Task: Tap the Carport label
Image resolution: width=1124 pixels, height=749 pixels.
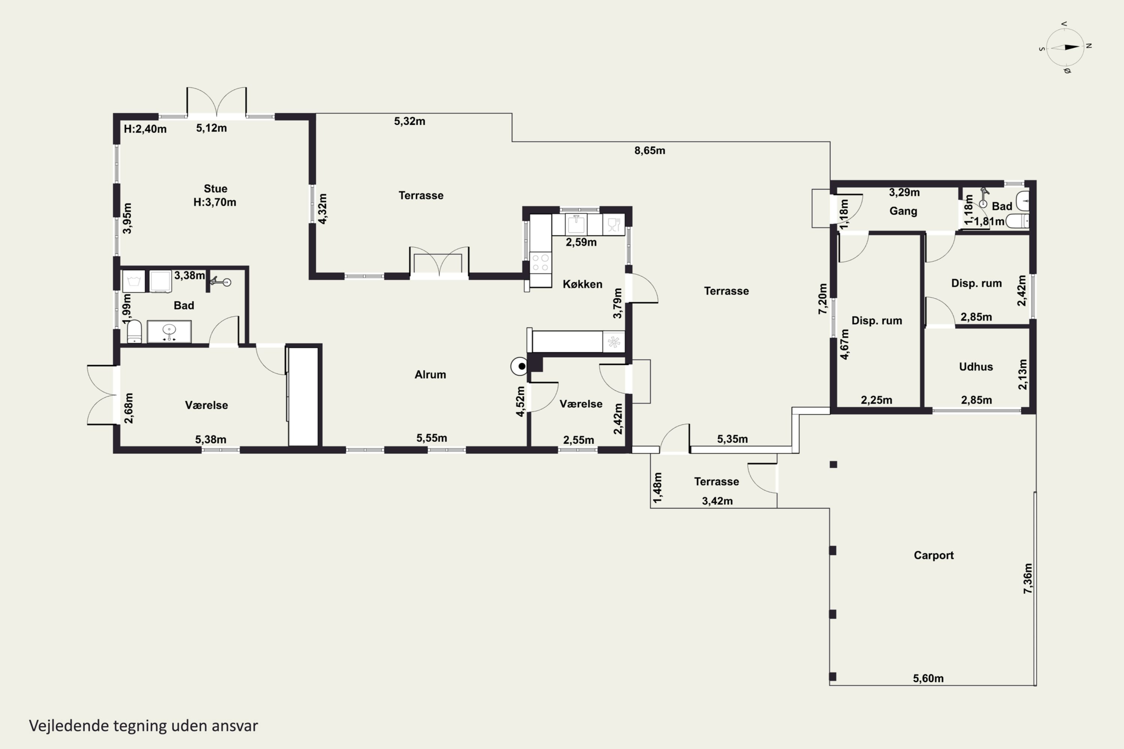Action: click(x=933, y=555)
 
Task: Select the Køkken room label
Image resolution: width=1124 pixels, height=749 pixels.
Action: click(x=582, y=284)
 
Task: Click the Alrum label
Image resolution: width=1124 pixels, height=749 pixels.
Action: click(x=430, y=374)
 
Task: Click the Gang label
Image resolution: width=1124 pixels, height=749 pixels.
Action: click(x=903, y=211)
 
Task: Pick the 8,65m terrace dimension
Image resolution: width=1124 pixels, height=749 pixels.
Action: click(x=649, y=151)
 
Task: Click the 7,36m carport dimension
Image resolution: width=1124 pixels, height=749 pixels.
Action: click(x=1027, y=579)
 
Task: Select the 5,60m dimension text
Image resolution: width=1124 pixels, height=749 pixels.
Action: click(x=928, y=678)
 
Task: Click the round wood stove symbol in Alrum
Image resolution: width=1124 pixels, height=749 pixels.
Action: click(x=519, y=366)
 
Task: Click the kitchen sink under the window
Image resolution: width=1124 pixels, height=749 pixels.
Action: click(x=576, y=224)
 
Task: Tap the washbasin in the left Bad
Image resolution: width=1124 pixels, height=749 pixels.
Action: click(x=169, y=331)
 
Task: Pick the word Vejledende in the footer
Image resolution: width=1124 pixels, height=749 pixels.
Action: click(x=69, y=726)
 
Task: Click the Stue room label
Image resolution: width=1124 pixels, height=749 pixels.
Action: click(x=215, y=189)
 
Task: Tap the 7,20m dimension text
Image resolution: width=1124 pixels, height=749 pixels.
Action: click(x=822, y=299)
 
